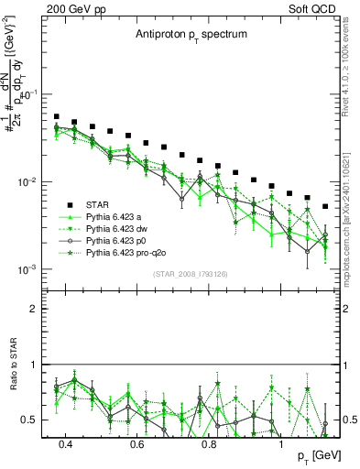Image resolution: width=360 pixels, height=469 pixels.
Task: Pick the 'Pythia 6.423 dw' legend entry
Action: pyautogui.click(x=118, y=227)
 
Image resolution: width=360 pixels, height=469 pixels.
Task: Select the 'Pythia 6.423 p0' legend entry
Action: pyautogui.click(x=118, y=238)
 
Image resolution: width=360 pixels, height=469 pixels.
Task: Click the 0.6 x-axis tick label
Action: pyautogui.click(x=137, y=445)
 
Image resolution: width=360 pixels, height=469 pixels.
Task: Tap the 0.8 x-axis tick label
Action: pyautogui.click(x=209, y=445)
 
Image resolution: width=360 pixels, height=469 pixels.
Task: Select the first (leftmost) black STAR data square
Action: pyautogui.click(x=57, y=117)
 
